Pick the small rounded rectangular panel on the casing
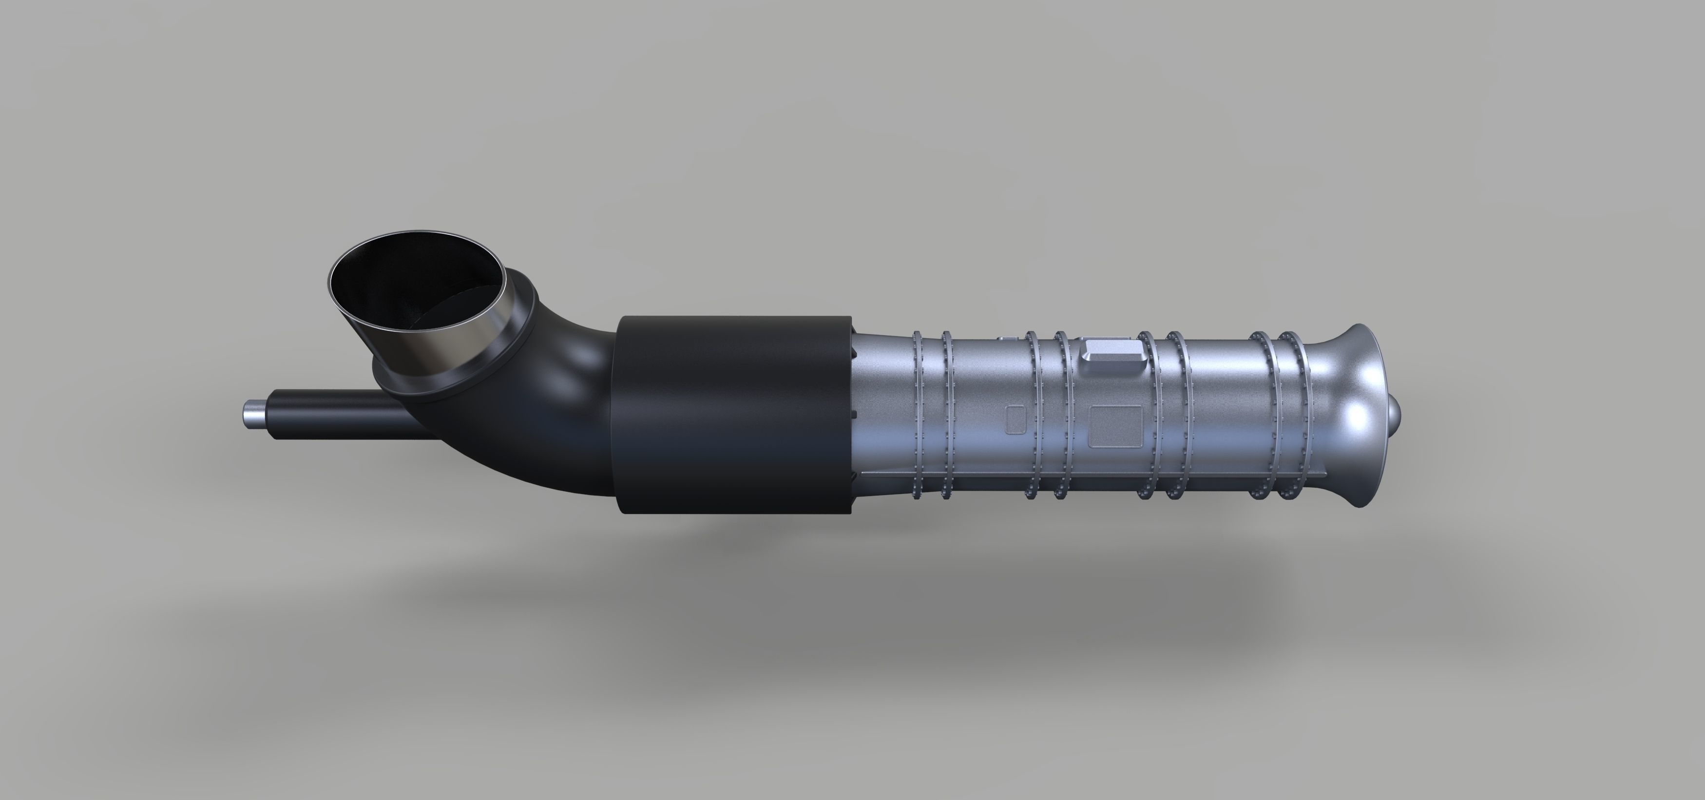pyautogui.click(x=1016, y=419)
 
